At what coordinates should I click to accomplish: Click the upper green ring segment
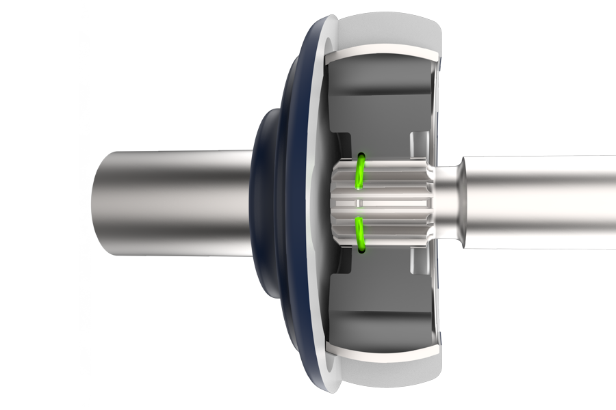(x=358, y=172)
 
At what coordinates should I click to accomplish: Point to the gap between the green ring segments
(x=358, y=202)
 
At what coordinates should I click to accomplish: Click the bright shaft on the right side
(x=541, y=202)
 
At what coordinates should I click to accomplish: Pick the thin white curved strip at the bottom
(x=383, y=351)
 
